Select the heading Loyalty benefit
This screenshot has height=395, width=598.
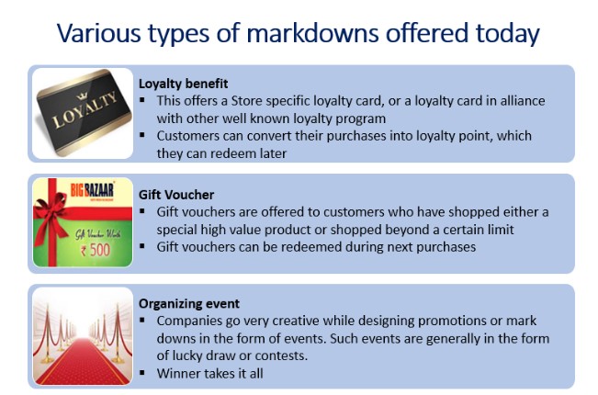coord(183,84)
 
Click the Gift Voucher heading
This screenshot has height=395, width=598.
coord(176,195)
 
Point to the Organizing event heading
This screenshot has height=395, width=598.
coord(189,304)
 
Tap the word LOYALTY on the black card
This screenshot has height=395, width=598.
coord(85,109)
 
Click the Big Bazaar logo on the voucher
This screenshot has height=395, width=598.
coord(92,190)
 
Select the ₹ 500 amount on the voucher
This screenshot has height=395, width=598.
coord(96,250)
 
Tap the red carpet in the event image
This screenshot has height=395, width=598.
coord(83,362)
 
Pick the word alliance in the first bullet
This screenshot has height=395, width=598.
coord(523,101)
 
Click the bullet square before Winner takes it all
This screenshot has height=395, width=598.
coord(142,372)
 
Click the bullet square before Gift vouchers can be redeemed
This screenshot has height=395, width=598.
coord(142,245)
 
